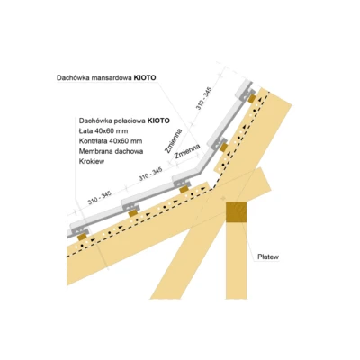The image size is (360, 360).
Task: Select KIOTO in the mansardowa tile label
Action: click(x=145, y=78)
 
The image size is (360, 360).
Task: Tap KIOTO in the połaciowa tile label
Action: click(x=158, y=121)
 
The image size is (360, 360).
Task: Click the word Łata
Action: click(x=85, y=131)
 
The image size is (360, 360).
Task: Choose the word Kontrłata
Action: click(x=93, y=141)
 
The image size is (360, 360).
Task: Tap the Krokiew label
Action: click(x=92, y=161)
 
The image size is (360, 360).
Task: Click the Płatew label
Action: click(x=268, y=256)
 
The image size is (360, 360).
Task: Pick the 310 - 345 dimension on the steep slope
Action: click(x=204, y=98)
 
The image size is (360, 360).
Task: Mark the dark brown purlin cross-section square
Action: click(x=237, y=212)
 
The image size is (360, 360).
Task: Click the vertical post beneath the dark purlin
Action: click(x=237, y=260)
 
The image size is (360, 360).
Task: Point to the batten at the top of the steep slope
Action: click(x=252, y=99)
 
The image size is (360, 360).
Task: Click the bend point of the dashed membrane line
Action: click(x=212, y=189)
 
